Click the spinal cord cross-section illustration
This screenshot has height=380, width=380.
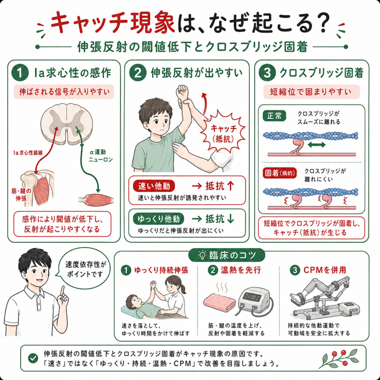click(x=67, y=124)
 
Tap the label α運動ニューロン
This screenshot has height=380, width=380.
click(x=101, y=155)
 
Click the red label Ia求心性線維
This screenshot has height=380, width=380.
click(x=28, y=153)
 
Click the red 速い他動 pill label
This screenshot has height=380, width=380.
click(x=154, y=186)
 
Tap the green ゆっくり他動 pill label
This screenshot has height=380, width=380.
click(x=159, y=219)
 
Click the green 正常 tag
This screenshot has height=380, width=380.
click(x=274, y=116)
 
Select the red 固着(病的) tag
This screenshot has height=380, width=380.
click(x=280, y=173)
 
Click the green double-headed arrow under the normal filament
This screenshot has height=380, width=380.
click(x=317, y=145)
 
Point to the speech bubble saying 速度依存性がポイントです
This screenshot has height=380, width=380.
click(x=84, y=269)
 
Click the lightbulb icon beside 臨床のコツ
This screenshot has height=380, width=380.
click(x=202, y=255)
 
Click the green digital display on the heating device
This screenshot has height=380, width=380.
click(x=252, y=297)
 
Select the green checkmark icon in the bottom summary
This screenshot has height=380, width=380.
click(x=33, y=358)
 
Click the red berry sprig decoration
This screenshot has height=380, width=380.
click(x=339, y=359)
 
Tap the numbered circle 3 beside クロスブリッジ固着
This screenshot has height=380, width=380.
click(x=267, y=73)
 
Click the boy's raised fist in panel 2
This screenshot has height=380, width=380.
click(x=183, y=92)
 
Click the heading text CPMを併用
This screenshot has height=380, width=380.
click(x=324, y=270)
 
